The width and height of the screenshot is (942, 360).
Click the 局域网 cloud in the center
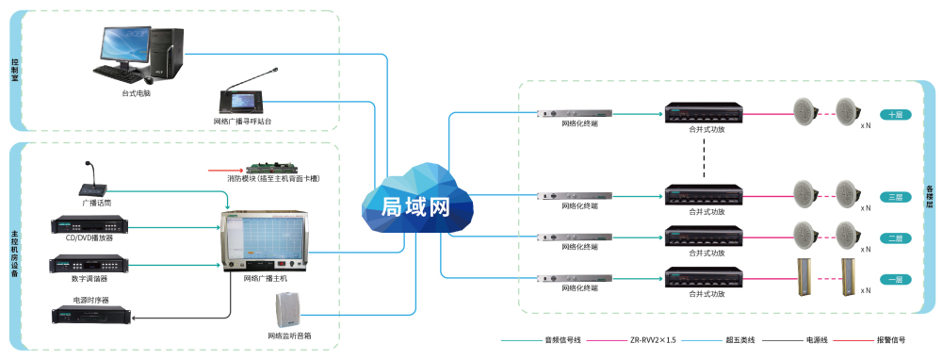coord(412,202)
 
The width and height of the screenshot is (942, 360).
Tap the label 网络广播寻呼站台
coord(243,122)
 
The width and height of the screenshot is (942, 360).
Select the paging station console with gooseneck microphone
coord(242,98)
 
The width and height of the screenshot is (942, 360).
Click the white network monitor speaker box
coord(289,311)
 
